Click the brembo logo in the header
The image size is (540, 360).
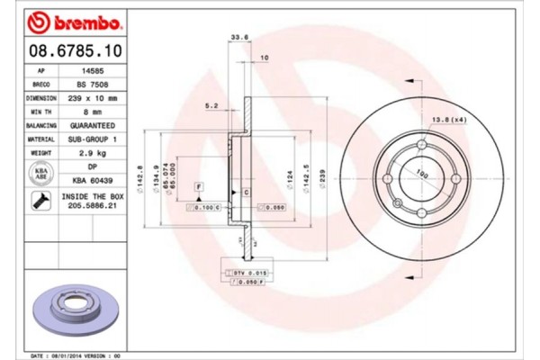pyautogui.click(x=65, y=20)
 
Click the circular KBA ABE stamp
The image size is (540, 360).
pyautogui.click(x=41, y=174)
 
